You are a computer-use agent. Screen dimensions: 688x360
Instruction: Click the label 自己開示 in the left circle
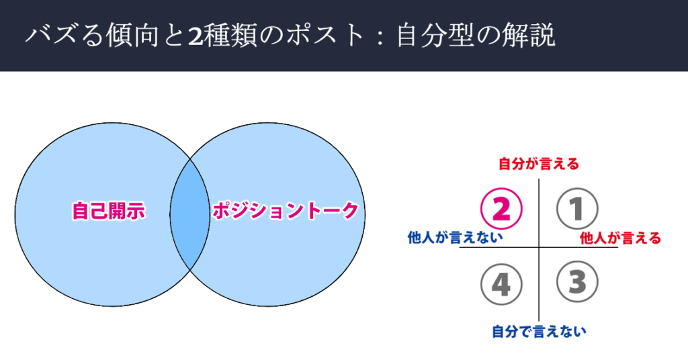[108, 211]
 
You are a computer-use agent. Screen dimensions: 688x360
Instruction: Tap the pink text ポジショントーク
[286, 211]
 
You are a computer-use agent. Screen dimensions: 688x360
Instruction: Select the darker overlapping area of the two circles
[190, 214]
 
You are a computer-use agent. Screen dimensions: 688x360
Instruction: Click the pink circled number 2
[501, 209]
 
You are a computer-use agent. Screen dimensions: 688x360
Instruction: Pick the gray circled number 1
[577, 209]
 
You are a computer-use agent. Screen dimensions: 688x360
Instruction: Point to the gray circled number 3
[577, 282]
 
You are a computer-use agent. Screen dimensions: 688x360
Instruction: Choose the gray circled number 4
[501, 284]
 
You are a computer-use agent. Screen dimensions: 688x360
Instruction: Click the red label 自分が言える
[539, 164]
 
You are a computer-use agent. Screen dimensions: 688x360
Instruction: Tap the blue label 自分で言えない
[539, 331]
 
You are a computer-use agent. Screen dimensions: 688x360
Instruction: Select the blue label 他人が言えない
[455, 237]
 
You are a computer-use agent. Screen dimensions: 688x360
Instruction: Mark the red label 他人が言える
[620, 238]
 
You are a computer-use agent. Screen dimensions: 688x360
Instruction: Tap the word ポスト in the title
[326, 36]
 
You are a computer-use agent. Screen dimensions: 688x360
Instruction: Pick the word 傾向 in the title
[132, 36]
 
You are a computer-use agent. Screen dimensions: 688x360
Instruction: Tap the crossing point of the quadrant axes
[539, 247]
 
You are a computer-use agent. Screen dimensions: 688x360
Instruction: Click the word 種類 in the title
[230, 36]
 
